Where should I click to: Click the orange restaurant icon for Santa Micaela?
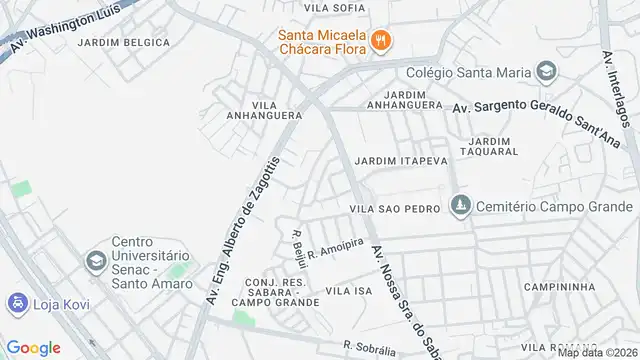380,41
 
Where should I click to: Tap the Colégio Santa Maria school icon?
546,71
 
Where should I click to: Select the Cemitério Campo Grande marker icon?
459,205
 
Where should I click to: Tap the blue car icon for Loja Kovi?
17,302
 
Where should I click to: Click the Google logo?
33,347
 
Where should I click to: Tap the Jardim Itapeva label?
394,160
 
